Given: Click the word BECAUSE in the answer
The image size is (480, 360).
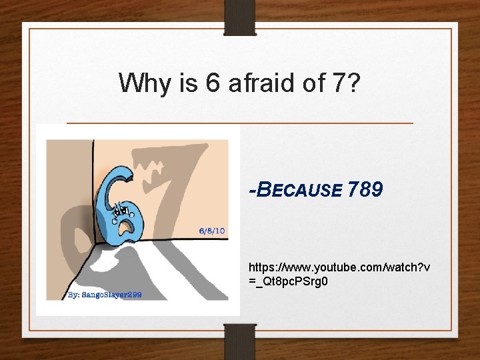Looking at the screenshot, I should click(x=299, y=191).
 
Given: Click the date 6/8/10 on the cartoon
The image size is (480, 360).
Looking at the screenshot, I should click(x=212, y=231).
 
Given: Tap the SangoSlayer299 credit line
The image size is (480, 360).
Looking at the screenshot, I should click(x=111, y=294).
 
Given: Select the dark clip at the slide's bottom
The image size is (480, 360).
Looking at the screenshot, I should click(x=240, y=340).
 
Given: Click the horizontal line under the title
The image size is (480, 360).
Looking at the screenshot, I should click(x=240, y=123).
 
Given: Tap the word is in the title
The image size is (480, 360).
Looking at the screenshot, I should click(x=189, y=83).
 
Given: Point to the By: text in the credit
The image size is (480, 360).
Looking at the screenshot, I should click(x=73, y=294).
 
